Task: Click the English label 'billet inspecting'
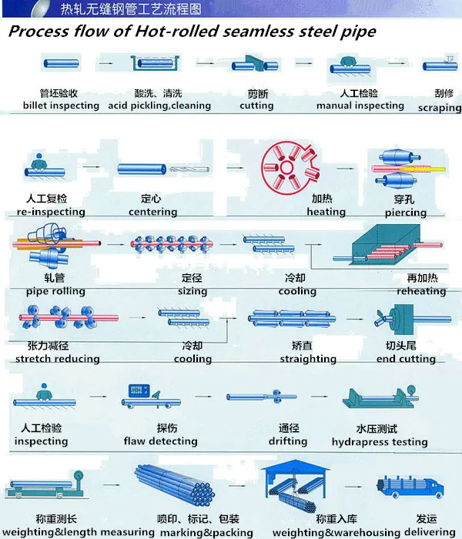pyautogui.click(x=61, y=105)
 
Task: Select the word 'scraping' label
pyautogui.click(x=439, y=109)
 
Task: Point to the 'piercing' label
pyautogui.click(x=405, y=213)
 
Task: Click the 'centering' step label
pyautogui.click(x=152, y=212)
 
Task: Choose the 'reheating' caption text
pyautogui.click(x=421, y=292)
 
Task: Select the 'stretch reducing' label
pyautogui.click(x=58, y=359)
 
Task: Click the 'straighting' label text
pyautogui.click(x=308, y=359)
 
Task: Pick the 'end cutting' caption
pyautogui.click(x=406, y=359)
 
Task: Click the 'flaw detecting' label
pyautogui.click(x=160, y=441)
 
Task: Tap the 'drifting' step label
pyautogui.click(x=288, y=441)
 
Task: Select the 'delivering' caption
pyautogui.click(x=436, y=532)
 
